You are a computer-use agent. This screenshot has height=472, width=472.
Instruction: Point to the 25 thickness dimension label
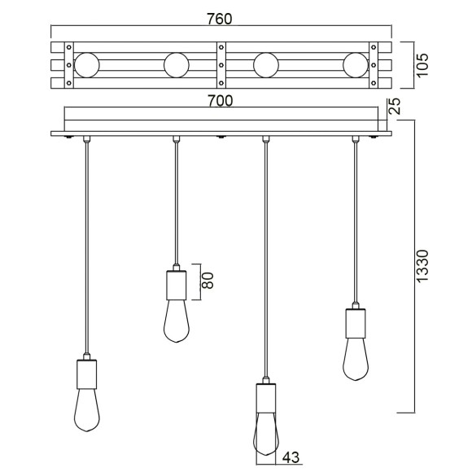point(396,106)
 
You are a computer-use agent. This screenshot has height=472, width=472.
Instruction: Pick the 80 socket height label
point(207,282)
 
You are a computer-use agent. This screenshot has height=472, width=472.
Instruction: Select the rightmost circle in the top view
point(356,63)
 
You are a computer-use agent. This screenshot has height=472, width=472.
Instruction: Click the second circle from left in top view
point(177,63)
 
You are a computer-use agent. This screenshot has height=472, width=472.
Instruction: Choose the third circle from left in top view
point(266,63)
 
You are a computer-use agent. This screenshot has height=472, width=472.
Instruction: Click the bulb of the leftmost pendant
point(86,412)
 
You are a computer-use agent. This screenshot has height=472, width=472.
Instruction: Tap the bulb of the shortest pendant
point(177,321)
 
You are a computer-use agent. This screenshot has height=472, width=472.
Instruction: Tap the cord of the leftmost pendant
point(86,244)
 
